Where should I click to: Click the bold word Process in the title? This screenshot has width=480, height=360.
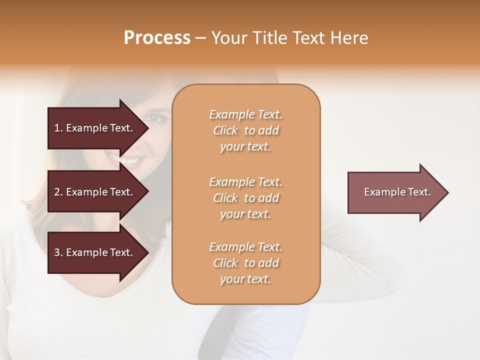pos(157,38)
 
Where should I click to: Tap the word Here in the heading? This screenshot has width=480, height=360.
pos(350,38)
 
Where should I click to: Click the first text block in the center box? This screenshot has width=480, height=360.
pos(245,130)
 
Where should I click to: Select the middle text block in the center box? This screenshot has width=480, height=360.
pos(245,198)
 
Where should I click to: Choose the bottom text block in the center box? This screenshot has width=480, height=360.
pos(245,263)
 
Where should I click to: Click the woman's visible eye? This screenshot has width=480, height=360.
pos(154,118)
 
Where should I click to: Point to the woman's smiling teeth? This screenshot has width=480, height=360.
pos(129,161)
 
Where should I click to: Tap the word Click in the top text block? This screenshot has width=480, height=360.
pos(225,130)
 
